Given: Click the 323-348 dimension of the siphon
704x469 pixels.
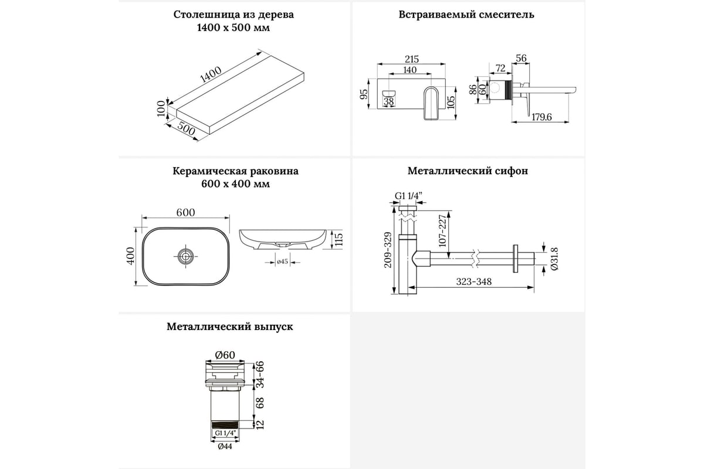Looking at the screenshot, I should [x=475, y=281].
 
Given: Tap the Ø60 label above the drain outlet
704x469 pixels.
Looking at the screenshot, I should [x=225, y=355].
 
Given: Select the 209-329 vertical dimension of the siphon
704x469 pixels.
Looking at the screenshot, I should [x=387, y=249].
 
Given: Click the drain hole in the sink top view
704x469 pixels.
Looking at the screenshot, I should [x=186, y=255].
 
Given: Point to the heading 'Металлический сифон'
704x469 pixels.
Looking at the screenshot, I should [x=468, y=171].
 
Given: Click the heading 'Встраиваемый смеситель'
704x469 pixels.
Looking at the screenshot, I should [x=467, y=15].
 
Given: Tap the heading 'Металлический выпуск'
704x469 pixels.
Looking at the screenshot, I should [x=229, y=327].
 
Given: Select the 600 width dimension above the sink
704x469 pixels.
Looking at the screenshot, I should [x=185, y=213].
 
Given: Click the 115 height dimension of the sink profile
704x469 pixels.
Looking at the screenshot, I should [x=337, y=239].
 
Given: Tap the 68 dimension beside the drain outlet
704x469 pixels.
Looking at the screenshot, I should [x=260, y=403].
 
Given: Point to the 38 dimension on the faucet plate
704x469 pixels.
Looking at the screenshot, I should [x=388, y=101].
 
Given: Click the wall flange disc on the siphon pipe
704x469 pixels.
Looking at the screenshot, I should [x=516, y=258].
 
